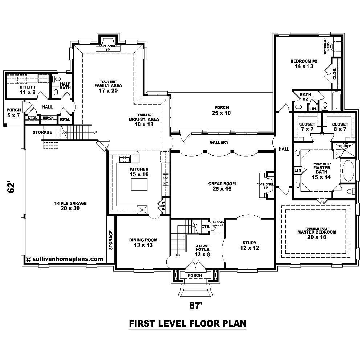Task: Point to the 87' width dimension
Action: tap(195, 306)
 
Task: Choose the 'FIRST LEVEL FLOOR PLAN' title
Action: tap(188, 323)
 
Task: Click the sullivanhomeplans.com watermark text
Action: tap(65, 259)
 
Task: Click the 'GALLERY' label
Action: tap(219, 142)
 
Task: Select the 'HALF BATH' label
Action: tap(65, 86)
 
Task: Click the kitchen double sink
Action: tap(125, 159)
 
